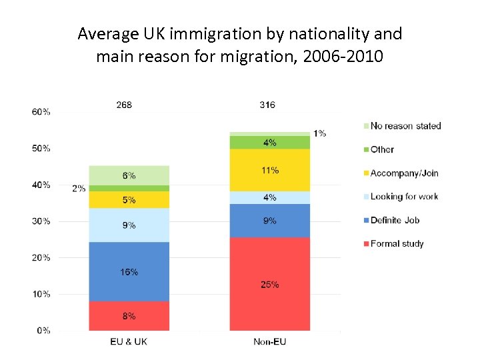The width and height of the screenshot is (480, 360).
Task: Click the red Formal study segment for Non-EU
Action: pyautogui.click(x=269, y=283)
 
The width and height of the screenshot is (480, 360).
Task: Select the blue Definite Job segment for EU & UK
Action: pyautogui.click(x=129, y=271)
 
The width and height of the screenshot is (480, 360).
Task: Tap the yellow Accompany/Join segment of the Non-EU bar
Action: pyautogui.click(x=269, y=170)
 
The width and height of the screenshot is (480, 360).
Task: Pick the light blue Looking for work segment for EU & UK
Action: pyautogui.click(x=129, y=225)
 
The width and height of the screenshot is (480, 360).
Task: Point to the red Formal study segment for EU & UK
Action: pyautogui.click(x=129, y=316)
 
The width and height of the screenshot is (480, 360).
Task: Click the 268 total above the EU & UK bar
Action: pyautogui.click(x=124, y=105)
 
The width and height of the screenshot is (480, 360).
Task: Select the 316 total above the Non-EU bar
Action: pyautogui.click(x=267, y=105)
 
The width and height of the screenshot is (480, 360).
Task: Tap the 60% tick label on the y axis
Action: pyautogui.click(x=41, y=112)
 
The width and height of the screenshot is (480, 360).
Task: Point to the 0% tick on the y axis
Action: pyautogui.click(x=43, y=330)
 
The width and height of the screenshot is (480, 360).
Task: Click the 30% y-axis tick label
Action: pyautogui.click(x=41, y=221)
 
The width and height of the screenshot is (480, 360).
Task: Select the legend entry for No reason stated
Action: pyautogui.click(x=405, y=126)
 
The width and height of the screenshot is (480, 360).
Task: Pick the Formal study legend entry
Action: pyautogui.click(x=396, y=244)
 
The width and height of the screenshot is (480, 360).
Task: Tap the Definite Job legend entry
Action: pyautogui.click(x=394, y=220)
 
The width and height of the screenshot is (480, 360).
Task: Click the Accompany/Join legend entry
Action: pyautogui.click(x=403, y=173)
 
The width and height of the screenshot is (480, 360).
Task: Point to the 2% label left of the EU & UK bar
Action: pyautogui.click(x=79, y=189)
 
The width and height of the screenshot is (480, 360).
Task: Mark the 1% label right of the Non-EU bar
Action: pyautogui.click(x=320, y=133)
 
